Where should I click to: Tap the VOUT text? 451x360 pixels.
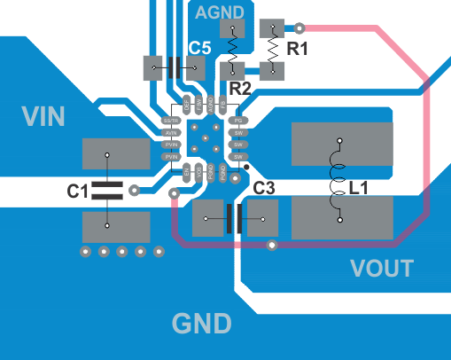[x=382, y=268]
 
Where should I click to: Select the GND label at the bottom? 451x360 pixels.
[x=202, y=324]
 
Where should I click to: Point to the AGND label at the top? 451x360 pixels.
[x=220, y=12]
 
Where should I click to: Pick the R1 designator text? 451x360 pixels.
[x=298, y=50]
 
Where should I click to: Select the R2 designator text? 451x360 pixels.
[x=240, y=89]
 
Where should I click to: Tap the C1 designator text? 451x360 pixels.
[x=77, y=190]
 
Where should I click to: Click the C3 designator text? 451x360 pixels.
[x=264, y=188]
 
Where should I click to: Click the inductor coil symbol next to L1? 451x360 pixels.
[x=338, y=181]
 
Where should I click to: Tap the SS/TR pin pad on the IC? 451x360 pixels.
[x=171, y=121]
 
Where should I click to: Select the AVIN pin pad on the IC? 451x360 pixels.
[x=171, y=133]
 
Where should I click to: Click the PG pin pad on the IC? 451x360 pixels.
[x=237, y=121]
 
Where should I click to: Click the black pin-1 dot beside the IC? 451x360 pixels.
[x=246, y=167]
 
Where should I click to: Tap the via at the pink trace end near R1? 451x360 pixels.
[x=299, y=27]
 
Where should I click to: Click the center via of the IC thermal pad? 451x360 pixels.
[x=205, y=138]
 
